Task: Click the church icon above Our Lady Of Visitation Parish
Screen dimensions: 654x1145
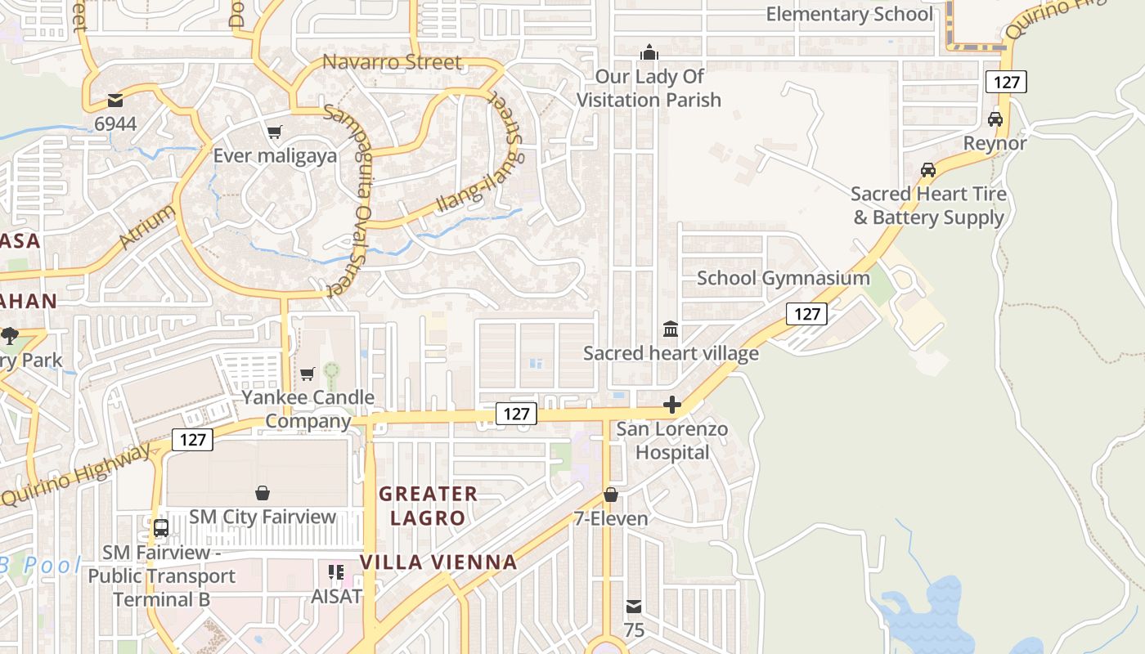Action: tap(649, 53)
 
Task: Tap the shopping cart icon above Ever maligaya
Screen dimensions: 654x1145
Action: tap(275, 132)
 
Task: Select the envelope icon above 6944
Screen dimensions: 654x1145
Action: tap(114, 101)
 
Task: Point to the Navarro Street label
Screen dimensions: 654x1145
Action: tap(392, 62)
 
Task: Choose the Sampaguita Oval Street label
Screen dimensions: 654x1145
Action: tap(349, 200)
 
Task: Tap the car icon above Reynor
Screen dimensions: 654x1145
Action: tap(995, 119)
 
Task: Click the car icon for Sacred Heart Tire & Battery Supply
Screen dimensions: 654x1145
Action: tap(928, 170)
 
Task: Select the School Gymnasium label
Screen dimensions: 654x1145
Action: tap(783, 278)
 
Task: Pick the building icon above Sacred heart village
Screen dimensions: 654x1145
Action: tap(671, 329)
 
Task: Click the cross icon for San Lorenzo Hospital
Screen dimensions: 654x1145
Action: tap(672, 405)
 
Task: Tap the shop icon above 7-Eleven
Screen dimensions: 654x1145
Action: tap(610, 495)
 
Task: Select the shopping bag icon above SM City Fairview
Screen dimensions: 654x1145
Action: tap(263, 493)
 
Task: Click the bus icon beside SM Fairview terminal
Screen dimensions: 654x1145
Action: tap(161, 528)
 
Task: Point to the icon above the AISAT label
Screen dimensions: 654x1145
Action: tap(336, 572)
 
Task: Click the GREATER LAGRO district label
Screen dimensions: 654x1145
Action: tap(428, 505)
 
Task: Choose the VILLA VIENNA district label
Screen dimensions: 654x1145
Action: tap(438, 562)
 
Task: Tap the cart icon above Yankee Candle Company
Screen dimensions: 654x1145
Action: tap(308, 374)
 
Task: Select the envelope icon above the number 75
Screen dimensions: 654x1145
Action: tap(634, 607)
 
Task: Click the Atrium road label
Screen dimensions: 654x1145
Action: tap(147, 226)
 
